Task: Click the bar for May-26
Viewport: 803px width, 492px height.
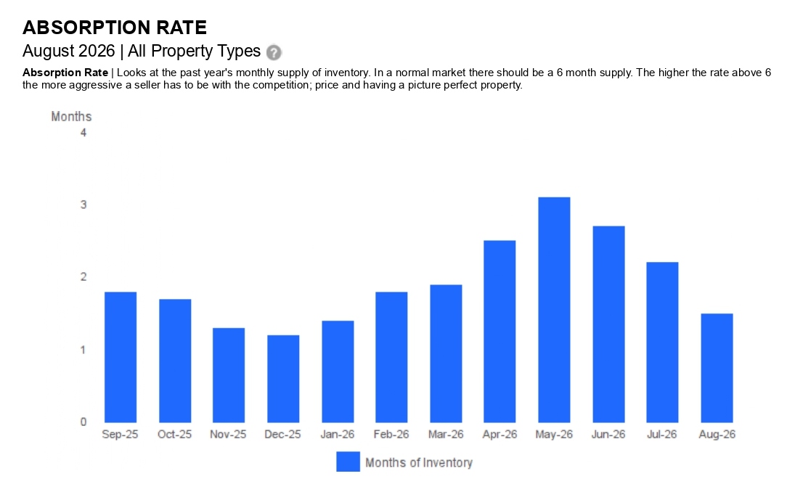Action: pyautogui.click(x=554, y=310)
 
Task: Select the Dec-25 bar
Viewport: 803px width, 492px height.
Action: pyautogui.click(x=283, y=379)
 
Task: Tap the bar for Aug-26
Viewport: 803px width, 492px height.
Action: pyautogui.click(x=717, y=368)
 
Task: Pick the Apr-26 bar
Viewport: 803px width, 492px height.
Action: pyautogui.click(x=500, y=331)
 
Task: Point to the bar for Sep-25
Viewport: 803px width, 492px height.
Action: pyautogui.click(x=121, y=357)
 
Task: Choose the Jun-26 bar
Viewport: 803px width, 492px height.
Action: pyautogui.click(x=609, y=324)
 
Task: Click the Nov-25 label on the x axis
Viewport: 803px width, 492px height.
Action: pyautogui.click(x=228, y=435)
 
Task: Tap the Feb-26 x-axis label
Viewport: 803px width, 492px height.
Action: pyautogui.click(x=391, y=435)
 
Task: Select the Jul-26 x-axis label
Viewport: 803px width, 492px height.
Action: pyautogui.click(x=661, y=435)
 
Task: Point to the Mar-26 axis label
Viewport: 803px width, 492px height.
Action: pyautogui.click(x=446, y=435)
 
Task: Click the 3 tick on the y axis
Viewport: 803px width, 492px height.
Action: pyautogui.click(x=83, y=205)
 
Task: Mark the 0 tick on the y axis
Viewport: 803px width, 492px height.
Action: pyautogui.click(x=83, y=422)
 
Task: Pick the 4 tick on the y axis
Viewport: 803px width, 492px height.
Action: pyautogui.click(x=83, y=133)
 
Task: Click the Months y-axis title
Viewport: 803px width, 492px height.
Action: pyautogui.click(x=71, y=117)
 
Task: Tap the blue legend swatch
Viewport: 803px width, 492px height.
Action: pyautogui.click(x=348, y=462)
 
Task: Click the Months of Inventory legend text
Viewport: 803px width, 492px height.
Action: pyautogui.click(x=419, y=463)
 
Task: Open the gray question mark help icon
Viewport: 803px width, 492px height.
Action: pyautogui.click(x=274, y=52)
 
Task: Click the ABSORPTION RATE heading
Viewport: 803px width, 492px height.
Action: pyautogui.click(x=115, y=27)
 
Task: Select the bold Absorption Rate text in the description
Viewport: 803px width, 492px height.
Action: pyautogui.click(x=65, y=73)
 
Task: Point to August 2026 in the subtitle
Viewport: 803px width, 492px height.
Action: pyautogui.click(x=69, y=52)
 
